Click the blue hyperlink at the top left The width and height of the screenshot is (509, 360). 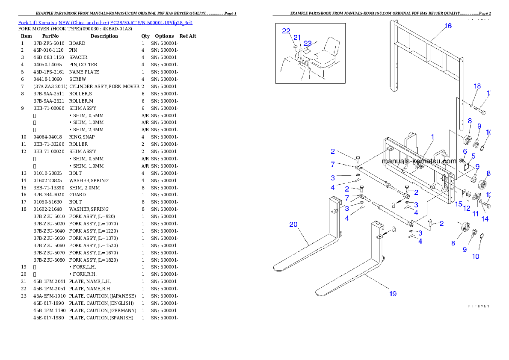105,22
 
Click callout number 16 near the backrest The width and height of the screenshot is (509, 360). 447,26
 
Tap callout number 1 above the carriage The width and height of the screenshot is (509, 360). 432,137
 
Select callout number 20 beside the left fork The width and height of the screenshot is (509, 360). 293,224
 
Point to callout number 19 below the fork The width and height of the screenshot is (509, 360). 393,293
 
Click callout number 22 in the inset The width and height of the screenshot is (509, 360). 286,31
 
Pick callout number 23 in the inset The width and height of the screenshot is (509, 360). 308,43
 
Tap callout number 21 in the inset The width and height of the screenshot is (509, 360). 297,38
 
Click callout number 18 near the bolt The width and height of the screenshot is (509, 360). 477,86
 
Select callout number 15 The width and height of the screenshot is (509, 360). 459,204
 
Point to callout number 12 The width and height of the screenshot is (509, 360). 467,208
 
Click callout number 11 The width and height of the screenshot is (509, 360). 475,213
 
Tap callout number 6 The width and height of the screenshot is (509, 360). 465,151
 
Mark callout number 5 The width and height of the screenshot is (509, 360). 473,156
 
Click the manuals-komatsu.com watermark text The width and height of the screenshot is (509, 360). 419,161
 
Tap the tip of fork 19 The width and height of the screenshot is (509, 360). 319,293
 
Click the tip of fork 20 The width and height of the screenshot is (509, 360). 276,268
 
